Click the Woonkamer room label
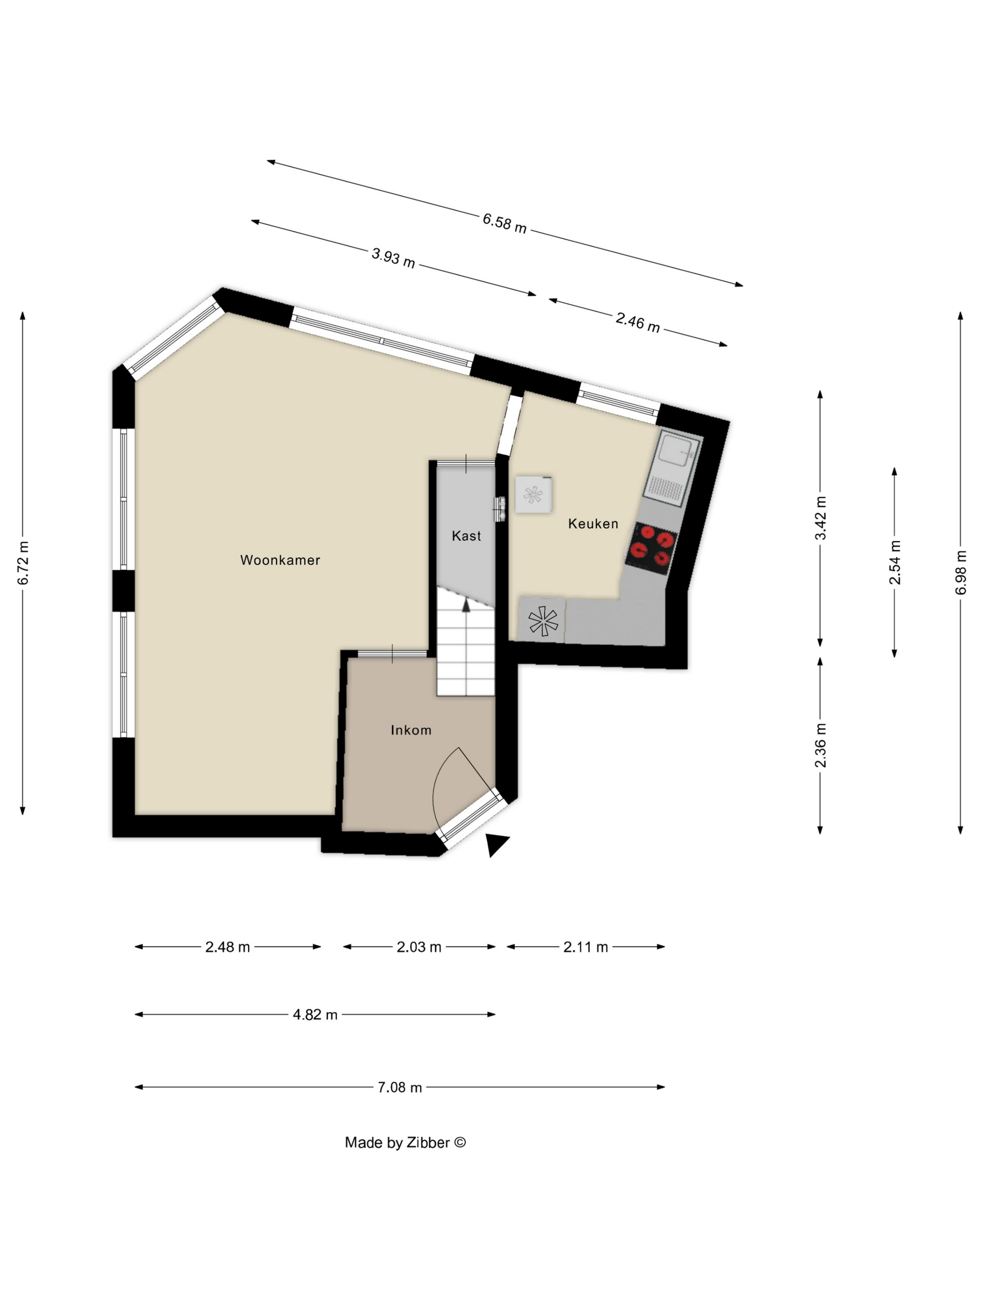279,560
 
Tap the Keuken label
593,523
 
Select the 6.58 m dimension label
504,223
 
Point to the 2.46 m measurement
637,323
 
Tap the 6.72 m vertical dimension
22,563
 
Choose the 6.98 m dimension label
961,572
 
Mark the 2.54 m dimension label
894,562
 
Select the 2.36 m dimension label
820,745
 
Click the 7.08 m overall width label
399,1087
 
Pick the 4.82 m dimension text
315,1014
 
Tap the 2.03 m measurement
418,947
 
